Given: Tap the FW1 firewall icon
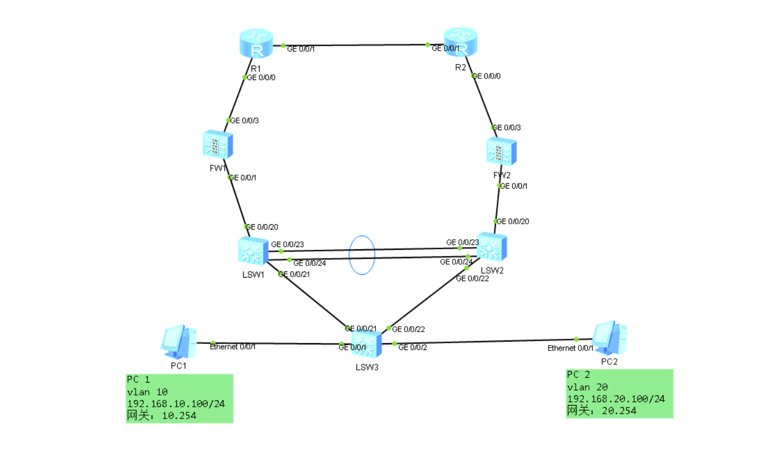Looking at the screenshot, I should click(217, 145).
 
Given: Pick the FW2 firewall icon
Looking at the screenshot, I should click(501, 152).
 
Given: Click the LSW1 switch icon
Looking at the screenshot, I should click(253, 251).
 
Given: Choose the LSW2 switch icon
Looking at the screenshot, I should click(492, 248).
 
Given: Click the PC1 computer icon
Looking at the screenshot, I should click(179, 342).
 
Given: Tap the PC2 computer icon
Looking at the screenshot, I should click(609, 338).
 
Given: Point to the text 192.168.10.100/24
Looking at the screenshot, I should click(176, 404).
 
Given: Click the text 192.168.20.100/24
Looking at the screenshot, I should click(616, 399).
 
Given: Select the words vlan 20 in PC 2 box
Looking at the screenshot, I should click(587, 387).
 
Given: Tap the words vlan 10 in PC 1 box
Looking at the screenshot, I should click(147, 392).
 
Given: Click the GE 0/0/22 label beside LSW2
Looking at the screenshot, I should click(472, 279).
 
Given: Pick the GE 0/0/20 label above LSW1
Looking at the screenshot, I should click(262, 227).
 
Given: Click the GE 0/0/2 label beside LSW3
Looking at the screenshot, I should click(412, 348).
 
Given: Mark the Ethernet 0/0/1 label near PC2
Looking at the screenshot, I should click(570, 348).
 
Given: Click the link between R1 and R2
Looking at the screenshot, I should click(356, 45).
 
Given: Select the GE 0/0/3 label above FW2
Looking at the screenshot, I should click(507, 128).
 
